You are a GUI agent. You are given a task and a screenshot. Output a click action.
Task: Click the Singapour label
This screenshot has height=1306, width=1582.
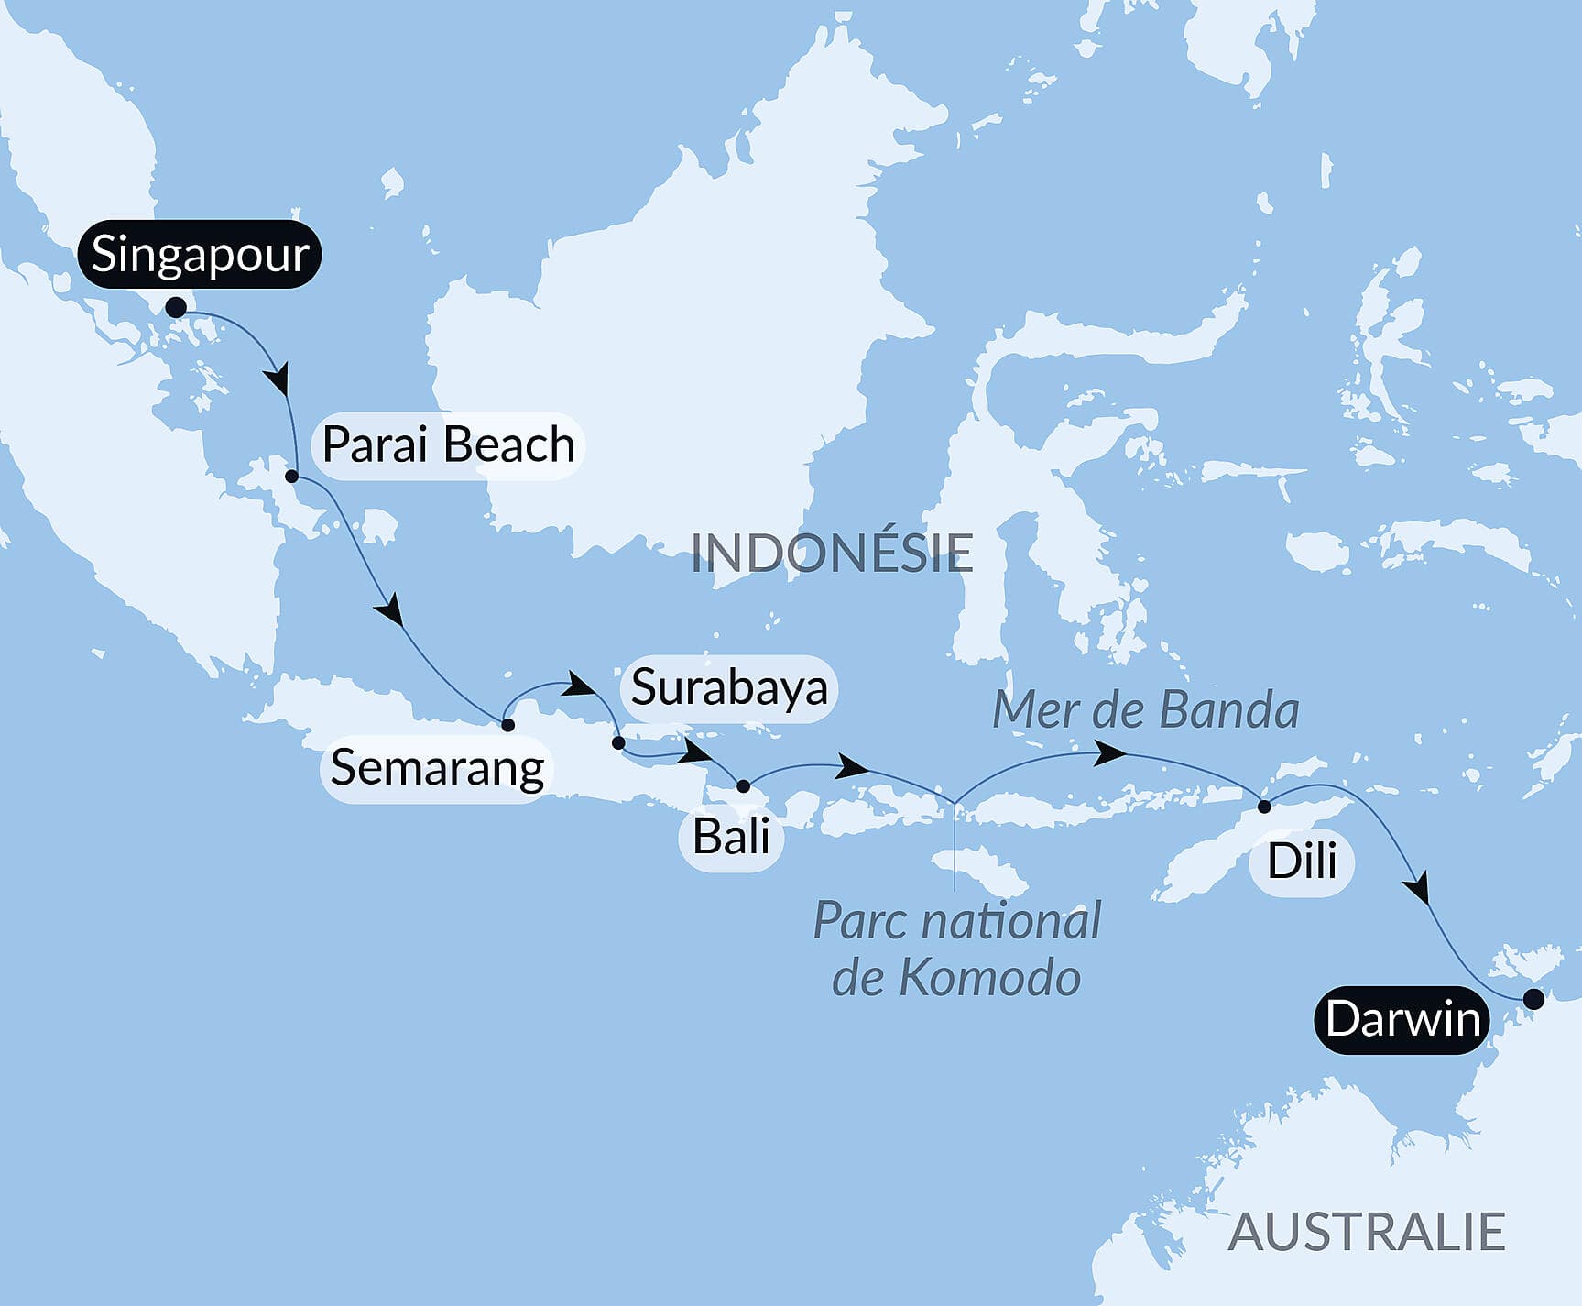(x=200, y=254)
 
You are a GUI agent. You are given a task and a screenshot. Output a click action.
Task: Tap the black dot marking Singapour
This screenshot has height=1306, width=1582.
(x=176, y=307)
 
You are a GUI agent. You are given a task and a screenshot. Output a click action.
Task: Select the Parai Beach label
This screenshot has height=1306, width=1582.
(x=448, y=444)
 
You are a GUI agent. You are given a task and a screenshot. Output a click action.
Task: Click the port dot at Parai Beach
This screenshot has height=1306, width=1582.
(x=292, y=477)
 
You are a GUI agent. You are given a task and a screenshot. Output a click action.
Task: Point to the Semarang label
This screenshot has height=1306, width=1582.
(x=437, y=768)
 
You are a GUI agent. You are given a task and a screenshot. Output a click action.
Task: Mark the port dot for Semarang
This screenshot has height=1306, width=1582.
(x=507, y=725)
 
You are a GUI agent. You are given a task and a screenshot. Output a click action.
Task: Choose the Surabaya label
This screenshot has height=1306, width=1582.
(x=729, y=688)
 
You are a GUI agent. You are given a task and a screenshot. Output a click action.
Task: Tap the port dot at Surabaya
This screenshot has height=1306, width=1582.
(x=618, y=742)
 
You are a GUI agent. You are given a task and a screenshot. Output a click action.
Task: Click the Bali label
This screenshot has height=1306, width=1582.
(x=730, y=837)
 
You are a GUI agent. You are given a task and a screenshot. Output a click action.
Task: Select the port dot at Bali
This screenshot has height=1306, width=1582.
(x=743, y=786)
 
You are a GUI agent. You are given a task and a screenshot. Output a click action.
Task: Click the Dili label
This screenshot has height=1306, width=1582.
(x=1301, y=862)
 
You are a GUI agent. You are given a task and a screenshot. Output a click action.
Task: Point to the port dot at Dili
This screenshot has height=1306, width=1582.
(x=1264, y=807)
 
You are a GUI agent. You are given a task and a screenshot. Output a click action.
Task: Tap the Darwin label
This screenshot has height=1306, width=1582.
(x=1402, y=1019)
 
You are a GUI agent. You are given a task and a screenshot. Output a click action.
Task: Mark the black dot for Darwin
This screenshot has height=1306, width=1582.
(x=1533, y=999)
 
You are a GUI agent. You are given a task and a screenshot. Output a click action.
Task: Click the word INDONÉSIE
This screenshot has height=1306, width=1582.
(x=831, y=553)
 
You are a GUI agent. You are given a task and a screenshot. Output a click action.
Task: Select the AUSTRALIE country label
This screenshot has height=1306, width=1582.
(x=1366, y=1231)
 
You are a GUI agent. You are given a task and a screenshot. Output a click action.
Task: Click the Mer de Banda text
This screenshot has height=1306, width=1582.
(x=1145, y=710)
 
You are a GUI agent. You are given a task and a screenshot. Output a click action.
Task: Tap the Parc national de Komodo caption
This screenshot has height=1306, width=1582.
(x=956, y=949)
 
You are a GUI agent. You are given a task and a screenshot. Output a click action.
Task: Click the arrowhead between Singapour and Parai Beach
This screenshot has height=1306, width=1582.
(x=278, y=379)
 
